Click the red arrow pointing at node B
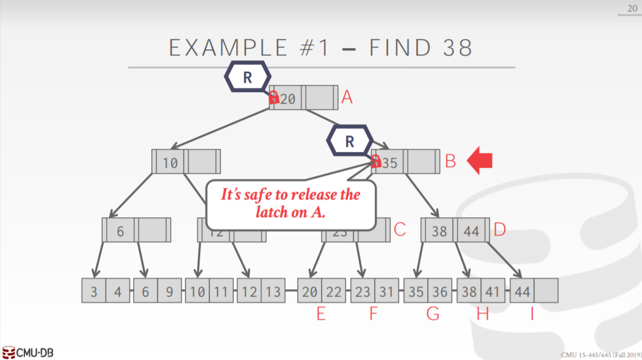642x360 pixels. coord(480,160)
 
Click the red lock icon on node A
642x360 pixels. coord(274,97)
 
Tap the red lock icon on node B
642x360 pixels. coord(376,161)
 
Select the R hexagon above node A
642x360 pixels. coord(247,77)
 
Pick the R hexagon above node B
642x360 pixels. coord(349,141)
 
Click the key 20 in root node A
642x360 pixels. coord(288,98)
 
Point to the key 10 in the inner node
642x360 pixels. coord(170,162)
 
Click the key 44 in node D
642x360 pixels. coord(471,231)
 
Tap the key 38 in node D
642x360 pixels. coord(439,231)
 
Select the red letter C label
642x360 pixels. coord(400,229)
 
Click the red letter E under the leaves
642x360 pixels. coord(321,314)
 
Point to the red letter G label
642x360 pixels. coord(433,314)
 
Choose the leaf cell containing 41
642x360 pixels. coord(493,292)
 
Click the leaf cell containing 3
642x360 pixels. coord(94,292)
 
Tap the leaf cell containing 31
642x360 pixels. coord(386,292)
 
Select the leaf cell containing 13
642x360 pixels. coord(274,292)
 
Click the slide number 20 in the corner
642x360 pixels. coord(632,7)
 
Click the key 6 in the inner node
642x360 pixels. coord(120,231)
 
